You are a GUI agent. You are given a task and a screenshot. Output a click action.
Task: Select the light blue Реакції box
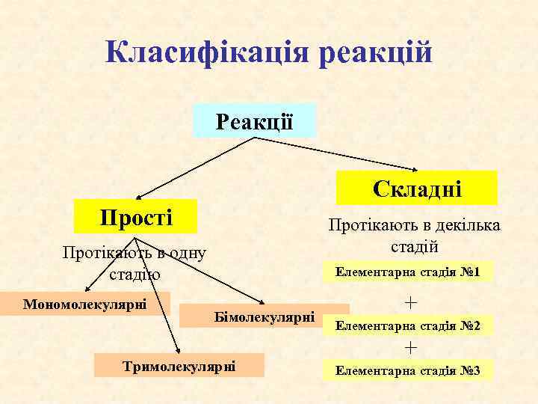pyautogui.click(x=254, y=120)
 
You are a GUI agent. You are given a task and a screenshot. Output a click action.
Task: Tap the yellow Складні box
pyautogui.click(x=416, y=188)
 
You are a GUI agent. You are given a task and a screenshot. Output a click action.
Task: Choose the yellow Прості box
pyautogui.click(x=135, y=217)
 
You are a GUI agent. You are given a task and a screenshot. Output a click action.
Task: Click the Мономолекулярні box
pyautogui.click(x=85, y=304)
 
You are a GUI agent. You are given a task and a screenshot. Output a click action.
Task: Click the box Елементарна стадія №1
pyautogui.click(x=408, y=271)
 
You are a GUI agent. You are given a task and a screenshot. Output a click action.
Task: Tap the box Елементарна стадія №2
pyautogui.click(x=408, y=326)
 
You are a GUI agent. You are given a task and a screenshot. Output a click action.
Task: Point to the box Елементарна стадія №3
pyautogui.click(x=408, y=370)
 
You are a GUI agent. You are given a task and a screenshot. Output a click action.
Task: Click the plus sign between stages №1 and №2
pyautogui.click(x=409, y=302)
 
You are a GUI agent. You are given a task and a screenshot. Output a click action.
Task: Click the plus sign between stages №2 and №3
pyautogui.click(x=409, y=348)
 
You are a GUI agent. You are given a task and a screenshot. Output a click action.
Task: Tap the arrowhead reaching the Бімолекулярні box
pyautogui.click(x=265, y=302)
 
